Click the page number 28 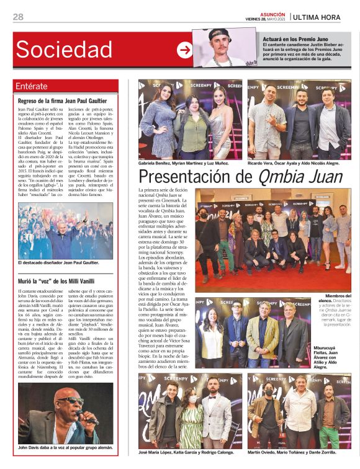[18, 17]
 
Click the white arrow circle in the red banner [184, 50]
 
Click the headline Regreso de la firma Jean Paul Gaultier [63, 100]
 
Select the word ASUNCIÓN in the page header [272, 12]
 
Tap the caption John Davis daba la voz [63, 447]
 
